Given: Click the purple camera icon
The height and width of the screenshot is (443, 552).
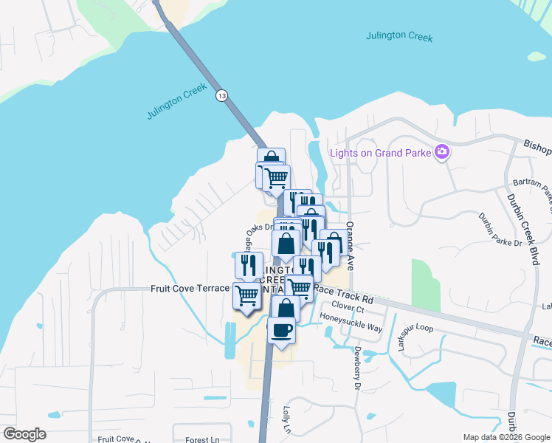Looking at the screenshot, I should coord(442,152).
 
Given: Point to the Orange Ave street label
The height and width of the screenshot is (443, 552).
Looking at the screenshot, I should coord(350,245).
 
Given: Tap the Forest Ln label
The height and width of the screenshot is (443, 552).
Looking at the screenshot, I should coord(198,439).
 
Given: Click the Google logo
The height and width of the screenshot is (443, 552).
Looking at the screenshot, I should coord(24,433).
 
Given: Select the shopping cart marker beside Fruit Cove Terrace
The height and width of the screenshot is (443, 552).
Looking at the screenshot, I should coord(247,295).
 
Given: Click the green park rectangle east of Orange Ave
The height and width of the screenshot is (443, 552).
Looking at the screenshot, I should coord(426,285).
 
